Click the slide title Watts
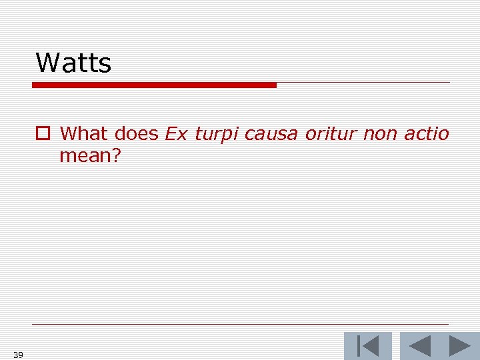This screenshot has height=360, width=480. tap(73, 63)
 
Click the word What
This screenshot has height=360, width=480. tap(84, 133)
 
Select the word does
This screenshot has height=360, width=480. tap(136, 133)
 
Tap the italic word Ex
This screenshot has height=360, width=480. tap(176, 133)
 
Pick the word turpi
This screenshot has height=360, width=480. tap(216, 135)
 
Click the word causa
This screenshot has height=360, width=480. tap(271, 134)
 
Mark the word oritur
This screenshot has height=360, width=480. tap(330, 133)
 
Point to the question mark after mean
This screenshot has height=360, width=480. tap(116, 156)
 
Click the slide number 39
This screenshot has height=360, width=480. tap(18, 355)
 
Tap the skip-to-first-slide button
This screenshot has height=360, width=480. tap(367, 346)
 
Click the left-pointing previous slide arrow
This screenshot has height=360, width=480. tap(419, 346)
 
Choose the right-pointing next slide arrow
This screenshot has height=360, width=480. tap(459, 346)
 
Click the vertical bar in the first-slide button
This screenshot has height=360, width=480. tap(360, 346)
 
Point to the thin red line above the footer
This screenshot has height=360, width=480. tap(240, 325)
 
